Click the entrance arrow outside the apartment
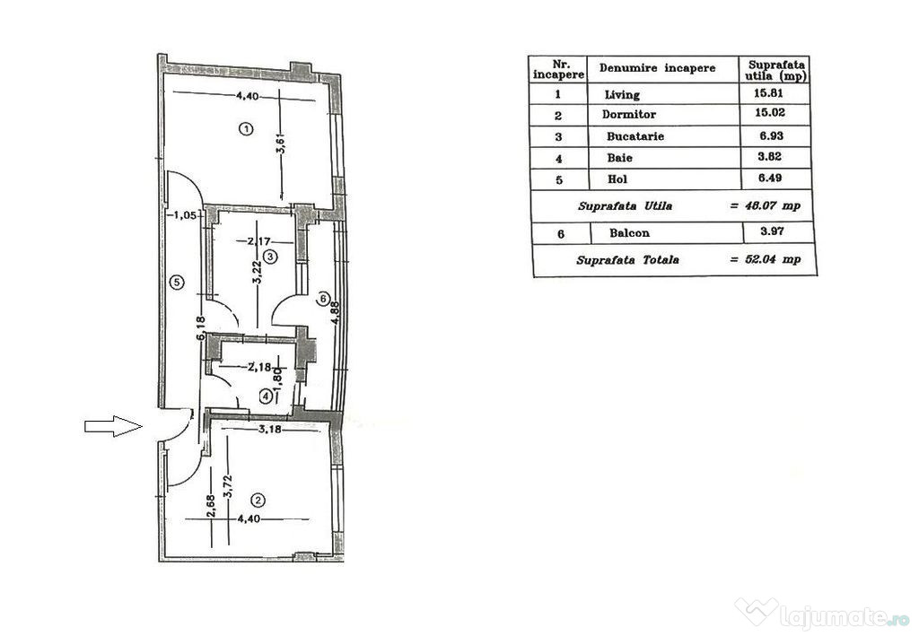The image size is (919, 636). point(113,426)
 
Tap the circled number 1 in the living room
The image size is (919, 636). point(247,128)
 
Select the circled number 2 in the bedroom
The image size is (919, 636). point(258,501)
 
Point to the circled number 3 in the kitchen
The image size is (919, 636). point(269,257)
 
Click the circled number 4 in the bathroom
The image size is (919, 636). point(266,397)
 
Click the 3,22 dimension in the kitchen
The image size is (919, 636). point(256,272)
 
